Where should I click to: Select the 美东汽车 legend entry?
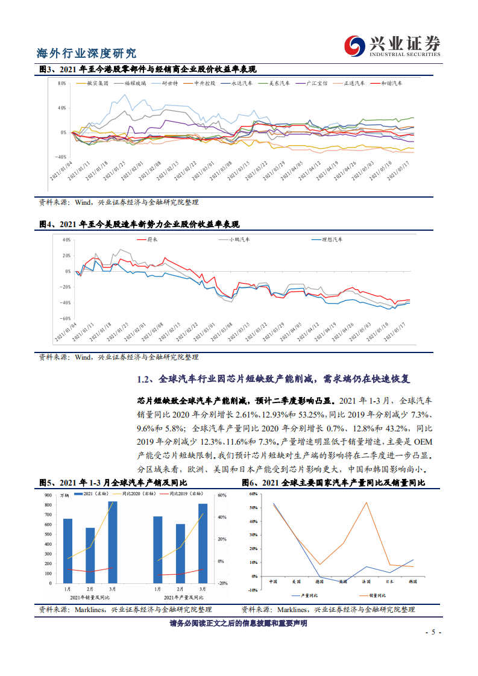pos(278,83)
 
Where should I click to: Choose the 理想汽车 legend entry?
pos(331,240)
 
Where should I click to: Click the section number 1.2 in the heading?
pos(143,380)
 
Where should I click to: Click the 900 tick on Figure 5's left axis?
pos(48,495)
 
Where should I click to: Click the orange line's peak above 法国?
pos(366,502)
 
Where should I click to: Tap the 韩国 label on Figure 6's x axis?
pos(414,581)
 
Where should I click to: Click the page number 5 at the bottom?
pos(432,633)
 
